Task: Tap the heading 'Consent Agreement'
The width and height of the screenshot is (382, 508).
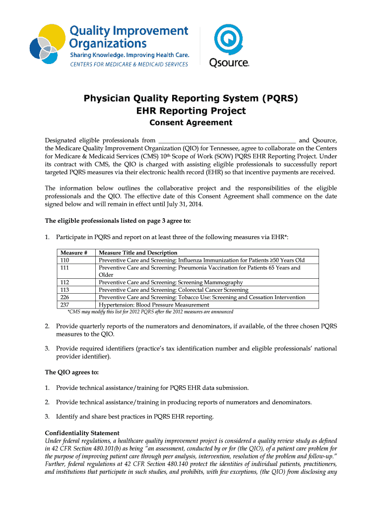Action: point(191,123)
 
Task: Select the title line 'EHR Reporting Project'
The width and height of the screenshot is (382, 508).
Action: point(191,111)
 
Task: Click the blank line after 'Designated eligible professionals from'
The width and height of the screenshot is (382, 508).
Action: point(226,140)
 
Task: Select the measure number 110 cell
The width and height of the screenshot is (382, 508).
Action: point(65,260)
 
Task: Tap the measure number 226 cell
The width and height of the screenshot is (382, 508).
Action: point(65,297)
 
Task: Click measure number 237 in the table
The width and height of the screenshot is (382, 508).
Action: point(65,305)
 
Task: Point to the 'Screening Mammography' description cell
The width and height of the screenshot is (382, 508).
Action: point(171,282)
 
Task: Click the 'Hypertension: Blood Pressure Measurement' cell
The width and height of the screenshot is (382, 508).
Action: point(154,305)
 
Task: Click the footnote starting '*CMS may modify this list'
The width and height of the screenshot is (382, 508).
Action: point(150,312)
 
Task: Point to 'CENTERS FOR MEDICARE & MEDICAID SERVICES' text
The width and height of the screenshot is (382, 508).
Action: point(128,64)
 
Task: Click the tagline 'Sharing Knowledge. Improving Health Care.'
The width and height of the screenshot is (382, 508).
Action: point(129,55)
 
